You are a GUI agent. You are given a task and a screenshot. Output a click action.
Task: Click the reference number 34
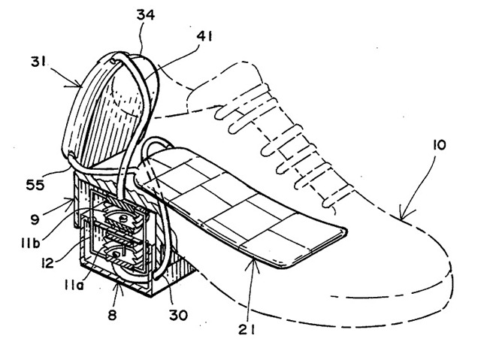tap(145, 15)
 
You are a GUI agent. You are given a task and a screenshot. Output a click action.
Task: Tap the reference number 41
tap(204, 37)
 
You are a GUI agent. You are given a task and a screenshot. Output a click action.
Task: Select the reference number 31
tap(38, 62)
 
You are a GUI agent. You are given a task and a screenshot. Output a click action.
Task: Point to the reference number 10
tap(439, 145)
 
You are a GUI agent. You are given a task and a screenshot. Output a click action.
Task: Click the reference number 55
tap(35, 185)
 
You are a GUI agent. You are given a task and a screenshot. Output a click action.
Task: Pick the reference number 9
tap(35, 219)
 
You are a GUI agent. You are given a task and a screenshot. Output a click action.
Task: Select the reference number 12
tap(47, 263)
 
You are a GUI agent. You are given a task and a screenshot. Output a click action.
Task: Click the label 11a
tap(74, 287)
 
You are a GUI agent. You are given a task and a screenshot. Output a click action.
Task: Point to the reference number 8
tap(112, 315)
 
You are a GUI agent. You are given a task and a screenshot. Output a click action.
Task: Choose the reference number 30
tap(178, 315)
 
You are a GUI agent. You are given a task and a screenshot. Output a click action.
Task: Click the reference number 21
tap(247, 330)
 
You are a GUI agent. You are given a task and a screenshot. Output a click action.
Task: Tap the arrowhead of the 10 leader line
tap(402, 217)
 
